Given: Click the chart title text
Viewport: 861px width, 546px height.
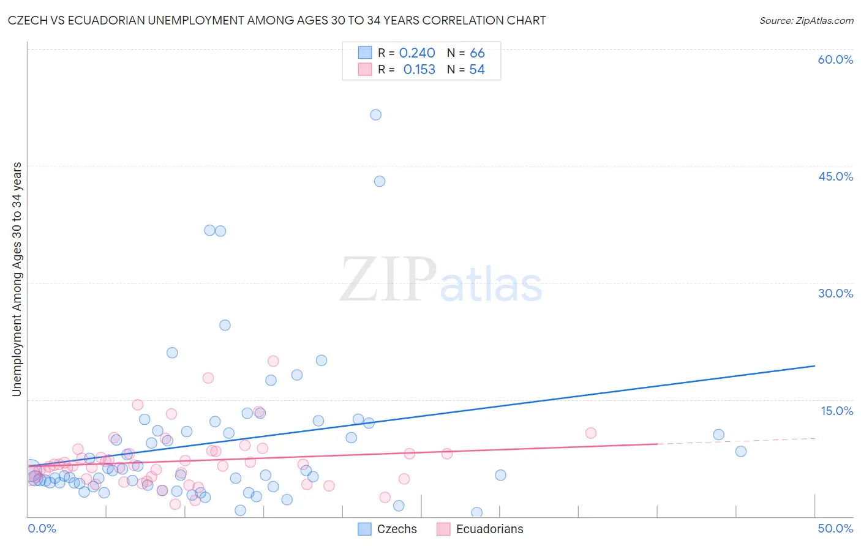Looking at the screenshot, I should (277, 20).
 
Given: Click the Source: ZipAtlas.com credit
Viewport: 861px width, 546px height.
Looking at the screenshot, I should (806, 20).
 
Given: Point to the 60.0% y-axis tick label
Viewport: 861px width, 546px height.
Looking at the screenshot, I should (835, 59).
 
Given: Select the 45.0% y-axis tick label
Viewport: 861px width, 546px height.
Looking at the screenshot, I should (835, 176).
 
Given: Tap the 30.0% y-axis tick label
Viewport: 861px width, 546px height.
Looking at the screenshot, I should (835, 293).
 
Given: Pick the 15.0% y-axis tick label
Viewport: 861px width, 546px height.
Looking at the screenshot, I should (837, 411).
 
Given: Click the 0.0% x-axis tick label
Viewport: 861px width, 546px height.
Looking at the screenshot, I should (42, 528).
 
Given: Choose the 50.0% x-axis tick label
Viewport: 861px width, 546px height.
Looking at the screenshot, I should (835, 528).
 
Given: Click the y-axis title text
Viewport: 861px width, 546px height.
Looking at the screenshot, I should (17, 279).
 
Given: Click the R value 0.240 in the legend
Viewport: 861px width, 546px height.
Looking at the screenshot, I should (417, 53).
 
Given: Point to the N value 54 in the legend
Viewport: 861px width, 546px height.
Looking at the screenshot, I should (477, 70).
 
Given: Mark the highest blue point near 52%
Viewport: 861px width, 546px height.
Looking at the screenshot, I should (376, 115).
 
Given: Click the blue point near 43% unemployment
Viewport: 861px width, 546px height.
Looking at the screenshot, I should (380, 181).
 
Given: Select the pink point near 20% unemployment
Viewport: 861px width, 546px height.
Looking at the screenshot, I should (273, 361).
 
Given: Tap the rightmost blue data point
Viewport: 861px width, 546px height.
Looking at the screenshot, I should (741, 451).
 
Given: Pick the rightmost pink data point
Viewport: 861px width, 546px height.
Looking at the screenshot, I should (591, 433).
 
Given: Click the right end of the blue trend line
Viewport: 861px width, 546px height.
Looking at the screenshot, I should (814, 366).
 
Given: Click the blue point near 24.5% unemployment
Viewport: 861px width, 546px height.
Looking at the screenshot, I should (225, 325).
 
